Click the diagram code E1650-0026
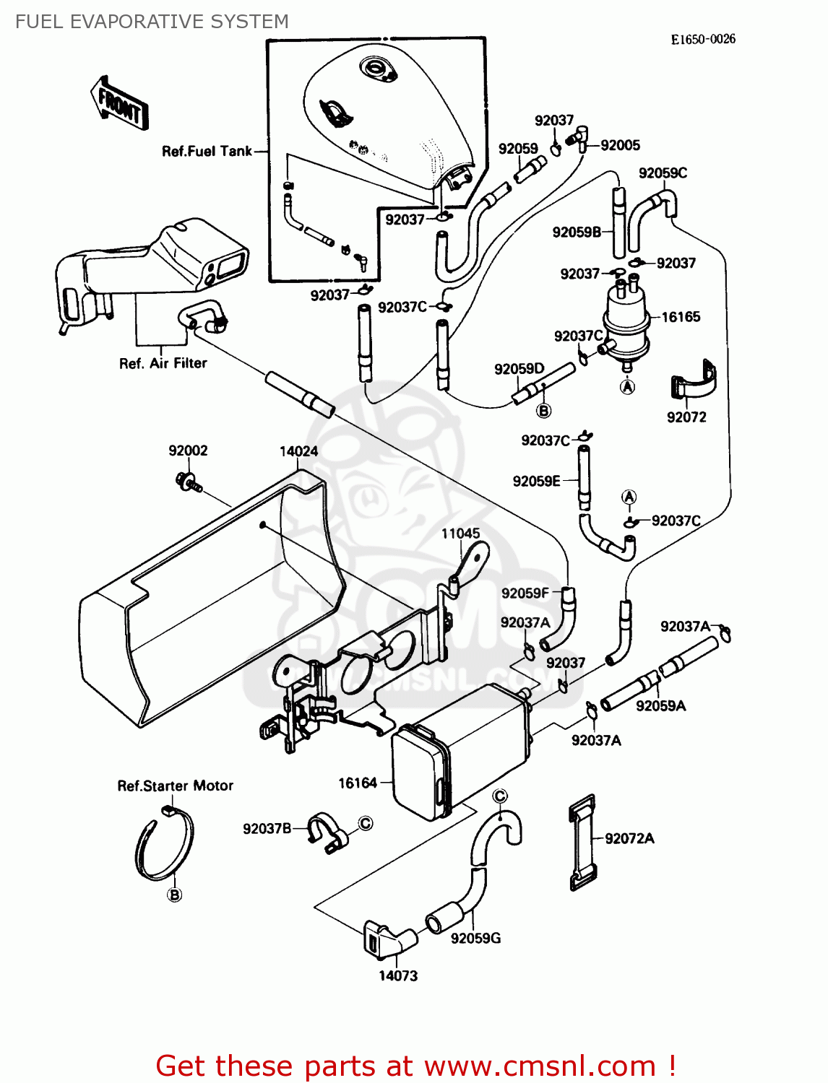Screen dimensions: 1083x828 [702, 39]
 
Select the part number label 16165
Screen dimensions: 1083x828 [681, 317]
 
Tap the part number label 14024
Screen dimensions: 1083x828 [298, 451]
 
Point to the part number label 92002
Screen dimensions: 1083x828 [188, 451]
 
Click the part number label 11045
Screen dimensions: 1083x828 [460, 534]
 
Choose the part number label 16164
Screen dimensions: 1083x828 [358, 783]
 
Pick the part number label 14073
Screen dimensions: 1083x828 [398, 975]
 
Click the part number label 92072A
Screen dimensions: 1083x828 [629, 838]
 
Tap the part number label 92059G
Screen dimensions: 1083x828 [475, 938]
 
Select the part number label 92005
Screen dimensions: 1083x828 [620, 145]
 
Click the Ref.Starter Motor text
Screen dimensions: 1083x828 [176, 786]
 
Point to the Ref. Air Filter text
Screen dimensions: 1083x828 [163, 363]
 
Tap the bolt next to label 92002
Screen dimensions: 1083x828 [186, 482]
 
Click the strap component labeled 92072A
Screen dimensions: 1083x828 [582, 843]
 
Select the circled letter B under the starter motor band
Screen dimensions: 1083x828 [174, 895]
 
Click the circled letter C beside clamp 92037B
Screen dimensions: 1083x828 [366, 823]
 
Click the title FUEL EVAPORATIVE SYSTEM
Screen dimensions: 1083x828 [152, 22]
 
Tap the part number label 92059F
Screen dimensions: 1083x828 [525, 593]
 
